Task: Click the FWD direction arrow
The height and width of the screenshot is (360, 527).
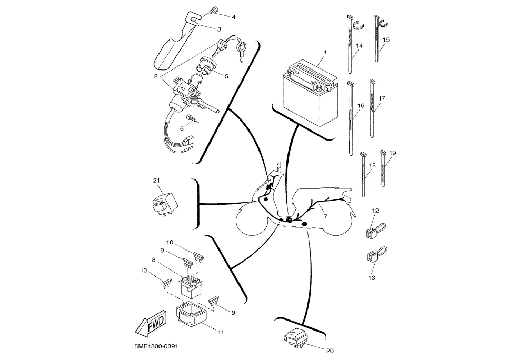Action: pos(151,323)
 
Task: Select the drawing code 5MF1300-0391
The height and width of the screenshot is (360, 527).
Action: pos(154,346)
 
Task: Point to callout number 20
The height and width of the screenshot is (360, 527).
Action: pos(330,351)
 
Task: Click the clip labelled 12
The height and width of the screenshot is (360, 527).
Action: pos(374,230)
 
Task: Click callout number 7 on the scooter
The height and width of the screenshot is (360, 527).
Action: pos(325,216)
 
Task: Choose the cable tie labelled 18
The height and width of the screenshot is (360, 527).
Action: pos(363,174)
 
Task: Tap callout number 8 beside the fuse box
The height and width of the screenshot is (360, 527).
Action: pos(154,260)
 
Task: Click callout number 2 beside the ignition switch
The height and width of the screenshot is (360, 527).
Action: pos(156,76)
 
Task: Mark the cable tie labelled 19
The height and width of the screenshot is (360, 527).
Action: pos(383,168)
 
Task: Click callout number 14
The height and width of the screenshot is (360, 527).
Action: pos(359,45)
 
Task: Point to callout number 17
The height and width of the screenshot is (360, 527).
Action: pos(382,98)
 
